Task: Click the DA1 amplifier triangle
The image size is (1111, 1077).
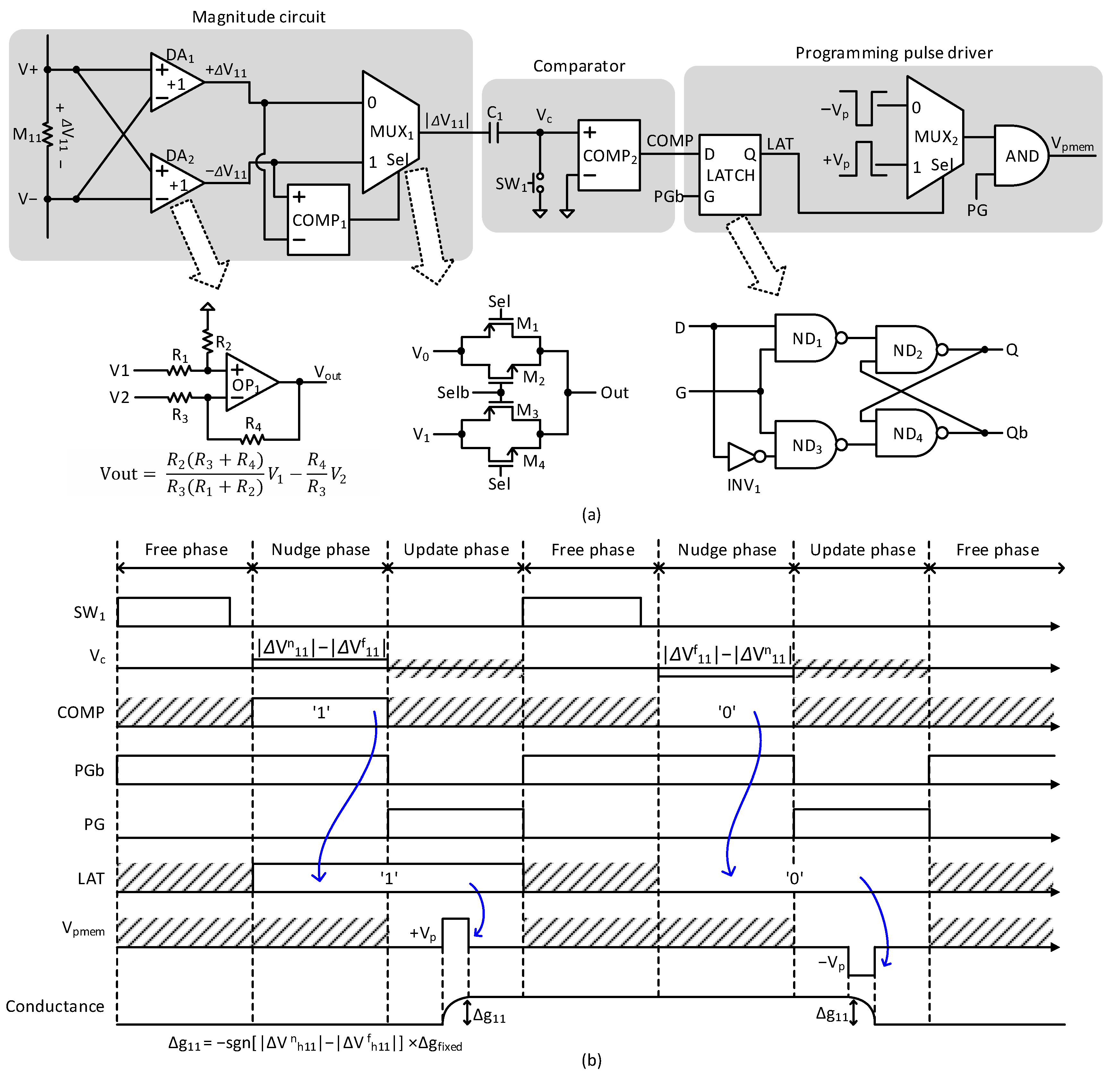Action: click(x=173, y=83)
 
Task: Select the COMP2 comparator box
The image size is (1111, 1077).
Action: click(x=609, y=155)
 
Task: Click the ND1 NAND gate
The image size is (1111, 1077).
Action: click(x=806, y=338)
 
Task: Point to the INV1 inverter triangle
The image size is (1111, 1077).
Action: click(x=741, y=456)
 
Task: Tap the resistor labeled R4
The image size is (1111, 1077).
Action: click(x=252, y=439)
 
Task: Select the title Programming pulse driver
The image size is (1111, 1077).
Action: click(x=893, y=53)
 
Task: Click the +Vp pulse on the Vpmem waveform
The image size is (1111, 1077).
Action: click(x=455, y=932)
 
